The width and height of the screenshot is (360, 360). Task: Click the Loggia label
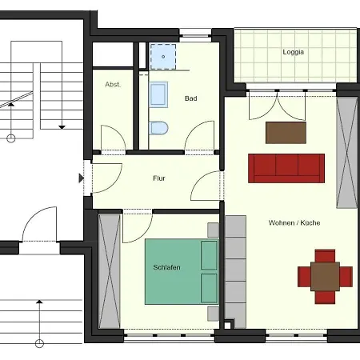pos(293,52)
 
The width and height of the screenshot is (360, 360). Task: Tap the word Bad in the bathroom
pos(191,98)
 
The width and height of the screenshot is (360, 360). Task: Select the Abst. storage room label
pos(113,85)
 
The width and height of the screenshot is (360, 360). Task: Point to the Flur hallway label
pos(159,178)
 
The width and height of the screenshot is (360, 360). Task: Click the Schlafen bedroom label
pos(166,267)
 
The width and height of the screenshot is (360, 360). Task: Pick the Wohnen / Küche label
pos(294,222)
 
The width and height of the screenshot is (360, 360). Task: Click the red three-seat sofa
pos(286,168)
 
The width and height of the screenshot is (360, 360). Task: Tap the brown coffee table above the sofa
pos(286,133)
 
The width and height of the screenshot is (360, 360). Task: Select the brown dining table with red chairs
pos(325,277)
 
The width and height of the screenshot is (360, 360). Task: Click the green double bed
pos(182,271)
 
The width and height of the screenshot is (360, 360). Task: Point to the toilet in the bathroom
pos(158,128)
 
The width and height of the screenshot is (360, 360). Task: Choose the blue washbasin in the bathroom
pos(158,94)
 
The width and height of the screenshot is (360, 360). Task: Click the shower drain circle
pos(163,57)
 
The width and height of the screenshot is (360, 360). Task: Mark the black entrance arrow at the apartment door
pos(82,178)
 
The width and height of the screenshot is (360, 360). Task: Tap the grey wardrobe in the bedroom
pos(110,271)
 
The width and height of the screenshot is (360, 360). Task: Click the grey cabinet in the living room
pos(346,153)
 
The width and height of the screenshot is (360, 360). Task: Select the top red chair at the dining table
pos(325,256)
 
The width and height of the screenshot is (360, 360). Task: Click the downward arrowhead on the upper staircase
pos(62,127)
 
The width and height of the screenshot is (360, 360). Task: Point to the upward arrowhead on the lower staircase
pos(39,302)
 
